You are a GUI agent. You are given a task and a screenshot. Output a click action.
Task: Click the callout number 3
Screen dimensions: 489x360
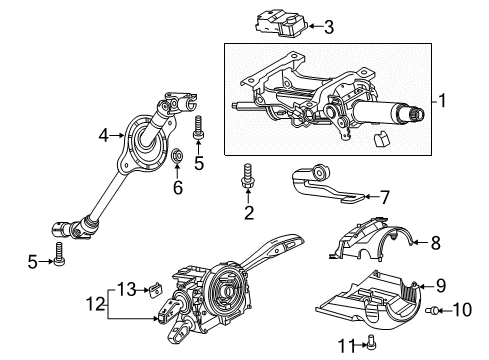[x=329, y=27]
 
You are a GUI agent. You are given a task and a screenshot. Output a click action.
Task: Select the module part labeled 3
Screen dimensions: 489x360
[x=281, y=23]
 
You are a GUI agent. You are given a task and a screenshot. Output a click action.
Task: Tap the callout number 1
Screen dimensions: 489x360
[x=442, y=100]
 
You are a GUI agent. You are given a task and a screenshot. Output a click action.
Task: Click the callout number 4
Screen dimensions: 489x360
[x=104, y=135]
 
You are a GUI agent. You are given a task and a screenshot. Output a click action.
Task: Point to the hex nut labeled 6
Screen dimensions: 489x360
[x=177, y=155]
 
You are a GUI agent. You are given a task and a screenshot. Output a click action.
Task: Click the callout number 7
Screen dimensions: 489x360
[x=385, y=197]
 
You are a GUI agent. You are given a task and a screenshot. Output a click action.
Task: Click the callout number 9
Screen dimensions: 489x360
[x=441, y=286]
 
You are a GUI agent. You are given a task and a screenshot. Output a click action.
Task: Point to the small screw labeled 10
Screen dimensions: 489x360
[x=431, y=311]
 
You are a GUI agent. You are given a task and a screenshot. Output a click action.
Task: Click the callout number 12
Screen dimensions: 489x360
[x=96, y=304]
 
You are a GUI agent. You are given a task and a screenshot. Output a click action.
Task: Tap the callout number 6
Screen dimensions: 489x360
[x=178, y=187]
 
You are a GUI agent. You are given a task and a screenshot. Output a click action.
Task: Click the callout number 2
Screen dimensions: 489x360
[x=249, y=213]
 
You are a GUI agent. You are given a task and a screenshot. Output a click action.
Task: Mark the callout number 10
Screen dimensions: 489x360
[x=462, y=310]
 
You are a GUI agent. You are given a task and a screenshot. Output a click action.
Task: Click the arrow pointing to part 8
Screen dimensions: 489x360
[x=420, y=242]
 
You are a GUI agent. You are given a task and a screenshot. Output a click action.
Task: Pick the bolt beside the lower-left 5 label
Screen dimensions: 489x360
[x=59, y=254]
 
